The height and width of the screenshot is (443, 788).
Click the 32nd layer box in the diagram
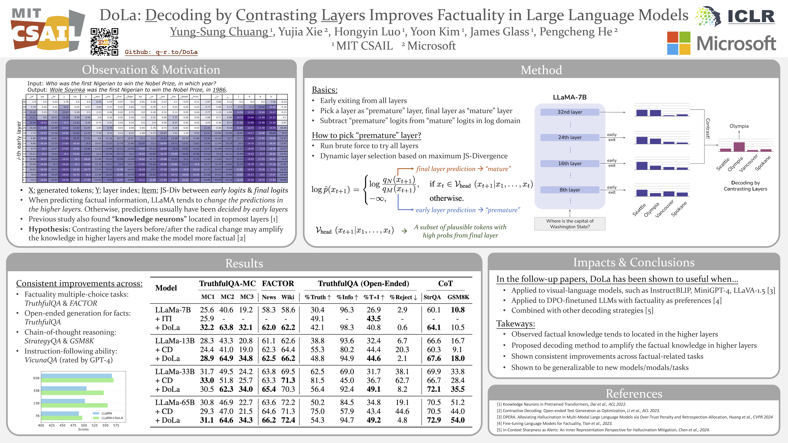pyautogui.click(x=570, y=112)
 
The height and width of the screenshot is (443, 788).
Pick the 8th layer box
pyautogui.click(x=570, y=190)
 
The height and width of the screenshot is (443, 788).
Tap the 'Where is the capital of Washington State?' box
pyautogui.click(x=570, y=224)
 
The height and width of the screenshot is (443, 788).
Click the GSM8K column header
pyautogui.click(x=458, y=297)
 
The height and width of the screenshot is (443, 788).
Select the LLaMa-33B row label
pyautogui.click(x=175, y=371)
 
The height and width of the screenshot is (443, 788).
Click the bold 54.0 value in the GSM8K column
pyautogui.click(x=458, y=420)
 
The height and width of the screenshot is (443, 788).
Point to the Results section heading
pyautogui.click(x=244, y=263)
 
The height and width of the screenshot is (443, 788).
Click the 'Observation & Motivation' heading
pyautogui.click(x=151, y=70)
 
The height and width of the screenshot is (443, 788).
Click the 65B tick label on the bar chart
pyautogui.click(x=36, y=378)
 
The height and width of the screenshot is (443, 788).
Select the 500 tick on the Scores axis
pyautogui.click(x=84, y=425)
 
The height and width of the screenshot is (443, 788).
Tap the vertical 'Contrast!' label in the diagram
pyautogui.click(x=708, y=128)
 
